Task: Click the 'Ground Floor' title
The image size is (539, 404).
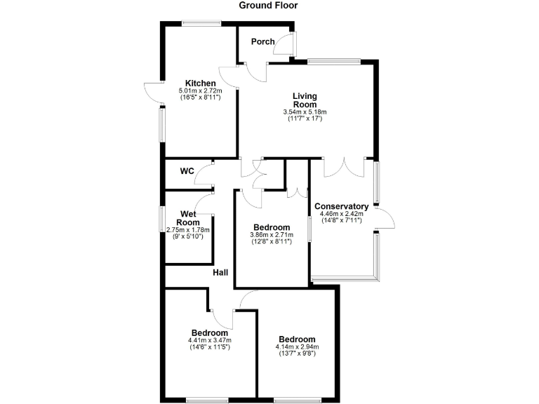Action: (x=268, y=6)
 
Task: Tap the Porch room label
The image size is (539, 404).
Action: (x=262, y=41)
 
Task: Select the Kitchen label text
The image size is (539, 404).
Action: (x=200, y=83)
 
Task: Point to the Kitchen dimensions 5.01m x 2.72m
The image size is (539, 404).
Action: (x=200, y=90)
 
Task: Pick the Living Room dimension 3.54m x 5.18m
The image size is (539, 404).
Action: (x=305, y=112)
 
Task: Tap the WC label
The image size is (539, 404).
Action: (x=187, y=170)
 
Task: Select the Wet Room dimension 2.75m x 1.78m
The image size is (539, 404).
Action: (x=187, y=229)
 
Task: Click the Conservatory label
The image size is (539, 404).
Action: (x=341, y=206)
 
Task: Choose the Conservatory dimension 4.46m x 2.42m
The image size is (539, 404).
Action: (x=341, y=214)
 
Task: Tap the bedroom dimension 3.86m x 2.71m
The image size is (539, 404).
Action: (x=272, y=236)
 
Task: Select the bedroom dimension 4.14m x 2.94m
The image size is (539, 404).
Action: (x=297, y=346)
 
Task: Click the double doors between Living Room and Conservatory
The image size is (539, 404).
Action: (x=344, y=166)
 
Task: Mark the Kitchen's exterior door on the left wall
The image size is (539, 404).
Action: (x=153, y=93)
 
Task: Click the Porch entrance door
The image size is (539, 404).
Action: (x=286, y=43)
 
